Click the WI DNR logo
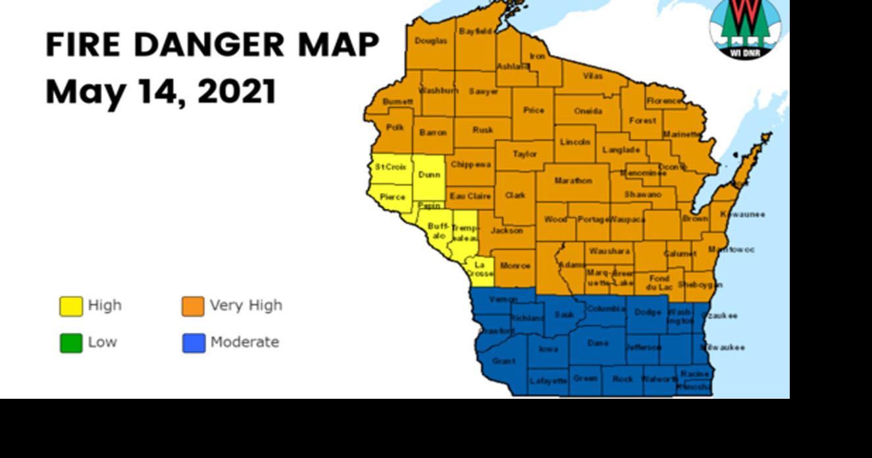(x=745, y=28)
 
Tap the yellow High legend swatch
(x=71, y=306)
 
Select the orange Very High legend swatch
(x=193, y=306)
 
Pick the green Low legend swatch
(x=71, y=343)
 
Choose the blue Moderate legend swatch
(x=193, y=343)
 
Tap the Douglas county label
(x=430, y=41)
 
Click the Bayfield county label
(x=474, y=31)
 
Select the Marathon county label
(x=573, y=180)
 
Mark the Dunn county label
(x=429, y=174)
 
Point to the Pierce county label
(x=392, y=197)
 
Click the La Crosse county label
(x=479, y=268)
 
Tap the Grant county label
(x=503, y=361)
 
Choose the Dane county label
(x=598, y=343)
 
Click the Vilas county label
(x=592, y=76)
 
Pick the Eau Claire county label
(x=470, y=195)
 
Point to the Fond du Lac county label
(x=658, y=282)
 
